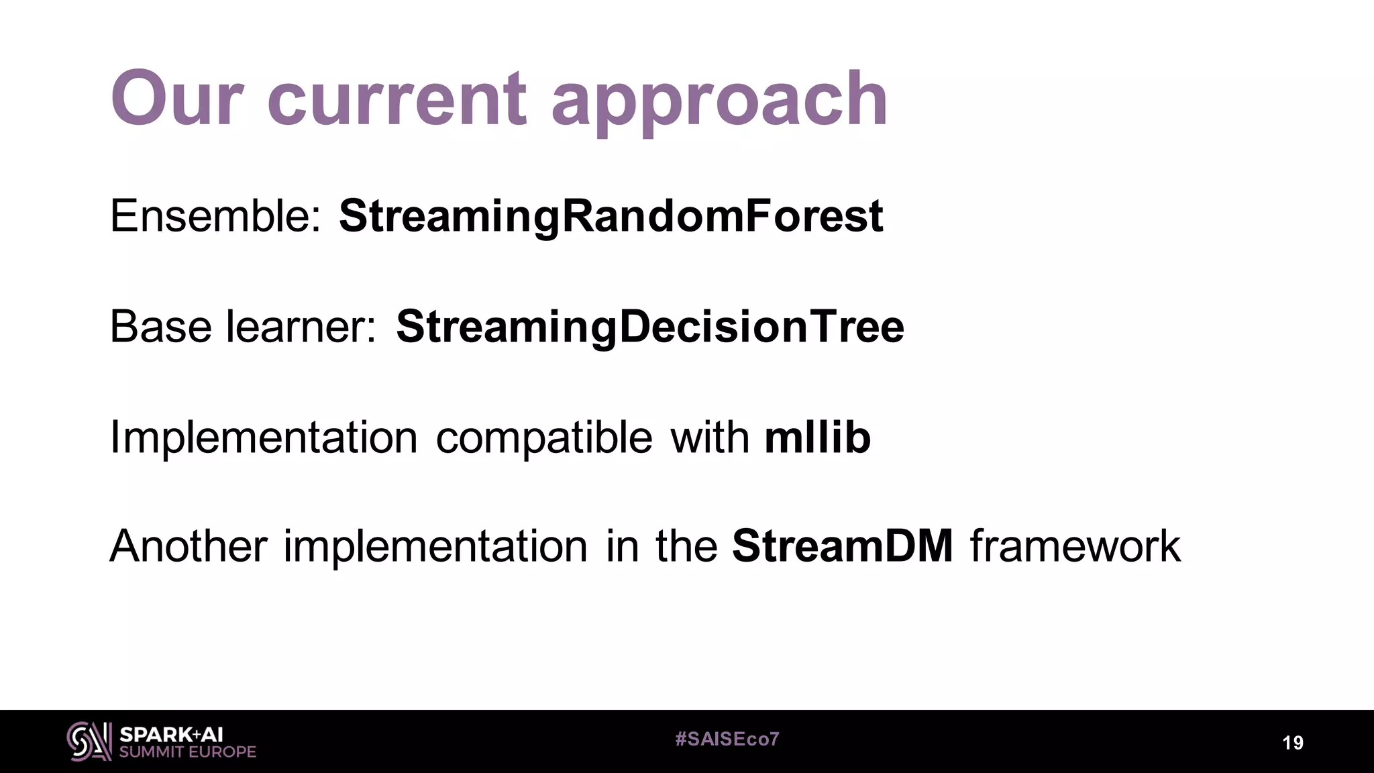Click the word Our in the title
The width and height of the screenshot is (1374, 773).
pos(176,99)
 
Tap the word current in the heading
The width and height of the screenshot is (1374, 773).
pos(396,101)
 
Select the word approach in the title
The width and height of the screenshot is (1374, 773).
pos(719,102)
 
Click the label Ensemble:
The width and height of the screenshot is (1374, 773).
pos(215,216)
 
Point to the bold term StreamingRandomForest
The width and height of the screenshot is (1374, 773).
pos(611,217)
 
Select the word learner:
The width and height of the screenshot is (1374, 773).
pos(301,327)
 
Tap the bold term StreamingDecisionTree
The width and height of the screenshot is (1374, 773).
pos(649,327)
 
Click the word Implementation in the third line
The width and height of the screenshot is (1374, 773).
pos(264,437)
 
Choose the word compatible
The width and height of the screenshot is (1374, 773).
pos(544,437)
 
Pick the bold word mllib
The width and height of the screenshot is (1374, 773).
pos(817,437)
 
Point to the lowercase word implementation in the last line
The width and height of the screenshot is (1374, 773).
pos(435,547)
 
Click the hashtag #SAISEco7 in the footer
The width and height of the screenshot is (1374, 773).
pos(727,739)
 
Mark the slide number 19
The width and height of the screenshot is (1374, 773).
pos(1292,743)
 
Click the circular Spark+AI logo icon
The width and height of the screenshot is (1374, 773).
pos(89,741)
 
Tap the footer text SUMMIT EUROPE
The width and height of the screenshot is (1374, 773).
pos(188,752)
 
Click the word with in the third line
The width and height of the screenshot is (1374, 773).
pos(709,437)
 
